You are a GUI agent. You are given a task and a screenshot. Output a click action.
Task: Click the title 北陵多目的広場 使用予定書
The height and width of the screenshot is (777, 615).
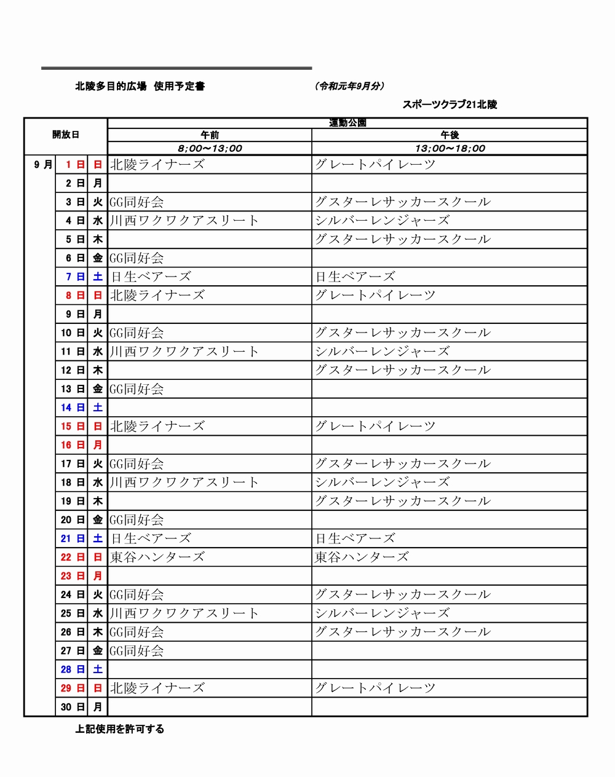pyautogui.click(x=140, y=87)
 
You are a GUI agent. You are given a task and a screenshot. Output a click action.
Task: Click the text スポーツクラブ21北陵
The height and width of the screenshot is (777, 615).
pyautogui.click(x=450, y=105)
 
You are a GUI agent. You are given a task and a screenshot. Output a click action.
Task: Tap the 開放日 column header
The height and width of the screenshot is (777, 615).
pyautogui.click(x=65, y=135)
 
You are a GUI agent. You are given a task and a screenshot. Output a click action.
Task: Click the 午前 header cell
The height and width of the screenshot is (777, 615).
pyautogui.click(x=210, y=135)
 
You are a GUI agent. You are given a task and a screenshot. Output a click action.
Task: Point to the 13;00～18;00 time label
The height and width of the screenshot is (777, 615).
pyautogui.click(x=450, y=148)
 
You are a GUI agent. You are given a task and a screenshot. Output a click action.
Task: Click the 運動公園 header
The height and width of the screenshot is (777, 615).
pyautogui.click(x=347, y=123)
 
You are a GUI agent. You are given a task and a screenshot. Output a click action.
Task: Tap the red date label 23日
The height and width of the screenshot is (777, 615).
pyautogui.click(x=73, y=576)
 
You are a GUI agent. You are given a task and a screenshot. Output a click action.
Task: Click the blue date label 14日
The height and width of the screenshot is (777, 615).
pyautogui.click(x=73, y=408)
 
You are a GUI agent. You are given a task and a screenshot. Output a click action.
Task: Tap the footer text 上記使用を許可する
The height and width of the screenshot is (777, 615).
pyautogui.click(x=119, y=729)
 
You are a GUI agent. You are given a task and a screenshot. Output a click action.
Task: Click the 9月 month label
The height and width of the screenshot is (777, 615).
pyautogui.click(x=43, y=165)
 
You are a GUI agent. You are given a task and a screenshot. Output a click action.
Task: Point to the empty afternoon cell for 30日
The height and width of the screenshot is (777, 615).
pyautogui.click(x=449, y=707)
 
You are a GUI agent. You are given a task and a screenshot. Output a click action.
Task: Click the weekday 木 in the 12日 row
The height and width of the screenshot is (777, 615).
pyautogui.click(x=97, y=370)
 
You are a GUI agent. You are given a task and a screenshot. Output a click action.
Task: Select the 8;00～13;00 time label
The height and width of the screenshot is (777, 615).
pyautogui.click(x=210, y=148)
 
